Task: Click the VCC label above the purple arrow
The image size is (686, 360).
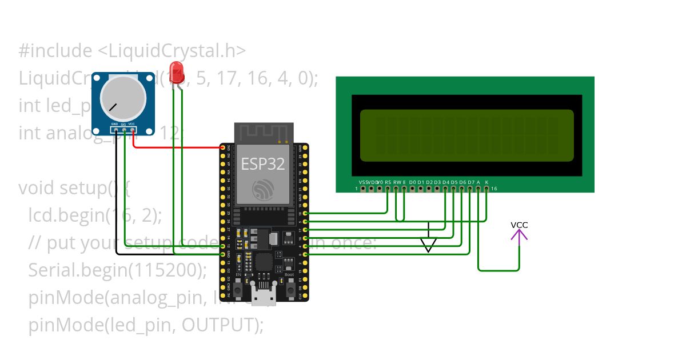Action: pyautogui.click(x=519, y=225)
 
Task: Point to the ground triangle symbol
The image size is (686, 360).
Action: pyautogui.click(x=428, y=245)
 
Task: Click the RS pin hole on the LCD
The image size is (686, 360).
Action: pyautogui.click(x=388, y=189)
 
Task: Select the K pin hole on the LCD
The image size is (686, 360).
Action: pyautogui.click(x=486, y=189)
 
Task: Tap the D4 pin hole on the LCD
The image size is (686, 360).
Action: pyautogui.click(x=445, y=189)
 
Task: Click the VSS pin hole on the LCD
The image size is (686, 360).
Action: pyautogui.click(x=363, y=189)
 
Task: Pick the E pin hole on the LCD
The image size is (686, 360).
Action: pyautogui.click(x=404, y=189)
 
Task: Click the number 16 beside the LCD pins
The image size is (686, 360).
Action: pyautogui.click(x=494, y=189)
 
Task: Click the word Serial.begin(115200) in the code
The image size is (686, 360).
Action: pyautogui.click(x=117, y=270)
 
